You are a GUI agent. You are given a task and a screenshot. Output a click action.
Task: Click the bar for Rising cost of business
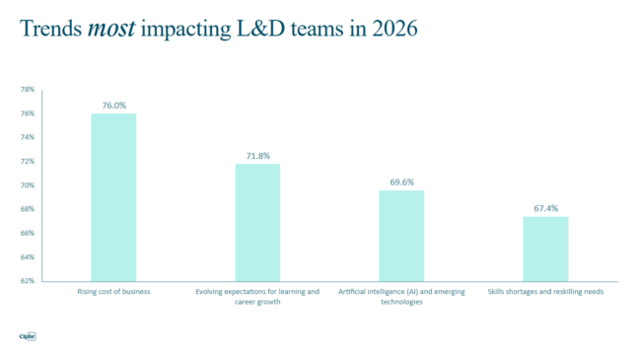pyautogui.click(x=113, y=197)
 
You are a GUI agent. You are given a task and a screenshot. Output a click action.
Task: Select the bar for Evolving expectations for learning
pyautogui.click(x=257, y=222)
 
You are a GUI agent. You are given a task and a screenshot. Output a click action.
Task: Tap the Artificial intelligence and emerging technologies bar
pyautogui.click(x=401, y=236)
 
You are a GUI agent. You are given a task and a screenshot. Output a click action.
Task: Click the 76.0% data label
pyautogui.click(x=113, y=105)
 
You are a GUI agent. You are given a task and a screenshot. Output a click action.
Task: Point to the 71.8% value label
pyautogui.click(x=257, y=155)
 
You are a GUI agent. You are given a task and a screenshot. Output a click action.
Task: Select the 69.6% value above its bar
pyautogui.click(x=401, y=181)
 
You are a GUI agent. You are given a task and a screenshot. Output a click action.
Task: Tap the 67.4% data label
pyautogui.click(x=545, y=208)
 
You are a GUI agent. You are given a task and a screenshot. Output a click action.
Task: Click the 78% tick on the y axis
pyautogui.click(x=27, y=89)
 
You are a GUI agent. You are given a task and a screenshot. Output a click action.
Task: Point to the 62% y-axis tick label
pyautogui.click(x=27, y=281)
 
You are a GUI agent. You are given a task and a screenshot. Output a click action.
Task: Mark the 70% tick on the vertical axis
pyautogui.click(x=27, y=185)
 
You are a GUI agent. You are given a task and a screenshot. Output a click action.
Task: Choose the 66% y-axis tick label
pyautogui.click(x=27, y=233)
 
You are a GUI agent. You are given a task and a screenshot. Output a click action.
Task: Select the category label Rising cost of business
pyautogui.click(x=113, y=292)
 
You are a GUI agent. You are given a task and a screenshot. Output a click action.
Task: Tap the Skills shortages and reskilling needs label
pyautogui.click(x=545, y=292)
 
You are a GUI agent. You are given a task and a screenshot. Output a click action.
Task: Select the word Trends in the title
pyautogui.click(x=51, y=30)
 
